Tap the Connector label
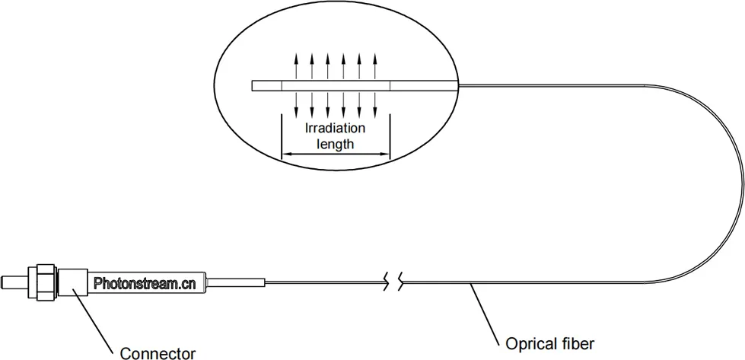click(x=158, y=352)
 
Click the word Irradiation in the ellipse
click(x=336, y=127)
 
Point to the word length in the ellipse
click(x=336, y=142)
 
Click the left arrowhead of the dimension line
click(x=285, y=155)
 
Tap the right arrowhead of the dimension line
click(x=386, y=155)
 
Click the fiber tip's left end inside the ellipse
click(x=253, y=86)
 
